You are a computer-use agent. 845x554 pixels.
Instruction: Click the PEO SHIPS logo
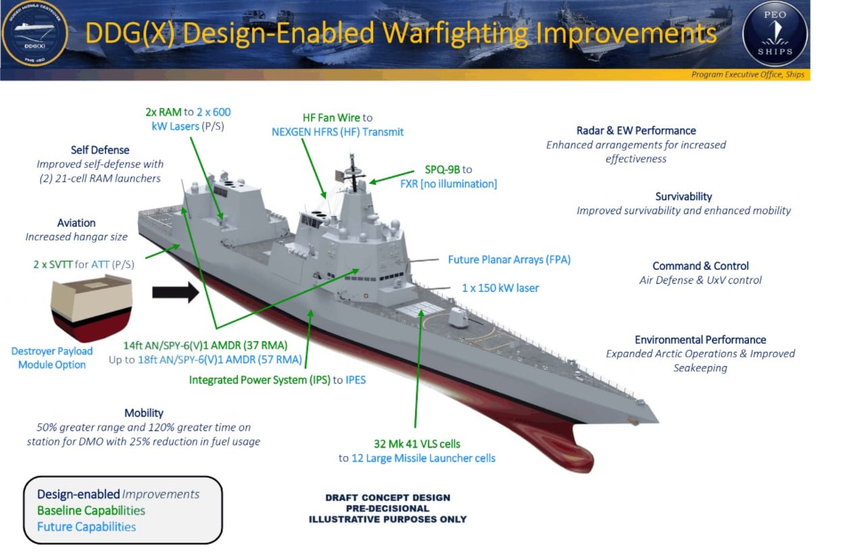click(x=775, y=34)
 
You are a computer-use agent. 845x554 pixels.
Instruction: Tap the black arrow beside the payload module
click(x=175, y=293)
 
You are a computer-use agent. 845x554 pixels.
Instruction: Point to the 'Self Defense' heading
click(x=100, y=149)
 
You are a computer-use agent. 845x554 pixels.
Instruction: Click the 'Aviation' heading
click(x=76, y=223)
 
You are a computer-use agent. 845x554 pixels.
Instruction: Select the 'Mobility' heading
click(x=144, y=413)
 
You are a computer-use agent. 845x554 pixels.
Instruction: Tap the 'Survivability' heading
click(x=683, y=197)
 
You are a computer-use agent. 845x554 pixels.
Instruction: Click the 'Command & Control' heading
click(x=700, y=266)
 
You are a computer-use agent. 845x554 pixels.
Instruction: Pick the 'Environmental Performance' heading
click(x=700, y=340)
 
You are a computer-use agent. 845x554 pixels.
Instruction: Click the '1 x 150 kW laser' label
click(x=500, y=288)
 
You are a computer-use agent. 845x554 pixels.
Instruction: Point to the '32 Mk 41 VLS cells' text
click(x=417, y=444)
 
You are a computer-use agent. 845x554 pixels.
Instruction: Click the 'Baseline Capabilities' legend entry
click(x=91, y=511)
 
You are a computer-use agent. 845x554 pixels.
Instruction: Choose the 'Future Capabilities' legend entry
click(x=87, y=527)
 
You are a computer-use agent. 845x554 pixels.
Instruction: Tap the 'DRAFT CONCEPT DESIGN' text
click(x=387, y=498)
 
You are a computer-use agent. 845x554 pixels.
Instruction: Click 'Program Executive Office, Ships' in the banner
click(x=748, y=74)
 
